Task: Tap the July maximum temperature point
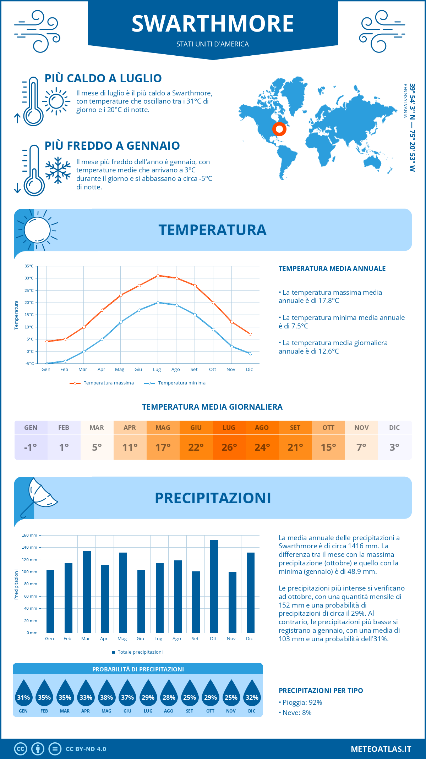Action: (x=158, y=276)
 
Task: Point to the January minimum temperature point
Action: (x=47, y=364)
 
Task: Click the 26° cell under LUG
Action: (x=229, y=447)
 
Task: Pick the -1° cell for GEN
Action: (x=31, y=447)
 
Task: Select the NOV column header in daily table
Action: (x=361, y=428)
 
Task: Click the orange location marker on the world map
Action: (x=279, y=129)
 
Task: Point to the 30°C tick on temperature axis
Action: (x=29, y=278)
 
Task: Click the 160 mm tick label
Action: (x=30, y=535)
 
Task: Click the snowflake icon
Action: (x=58, y=170)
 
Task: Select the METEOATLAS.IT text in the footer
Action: (x=381, y=749)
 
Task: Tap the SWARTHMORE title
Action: (x=213, y=24)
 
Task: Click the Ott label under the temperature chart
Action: (x=212, y=370)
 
